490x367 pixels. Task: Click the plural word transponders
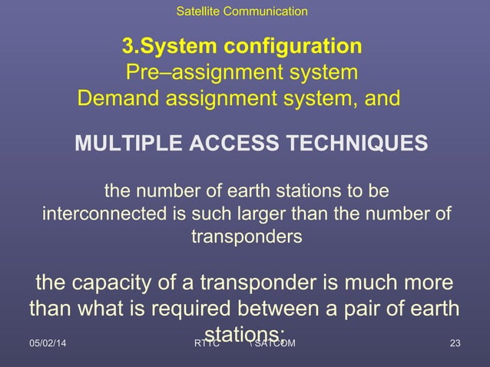pos(245,236)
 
